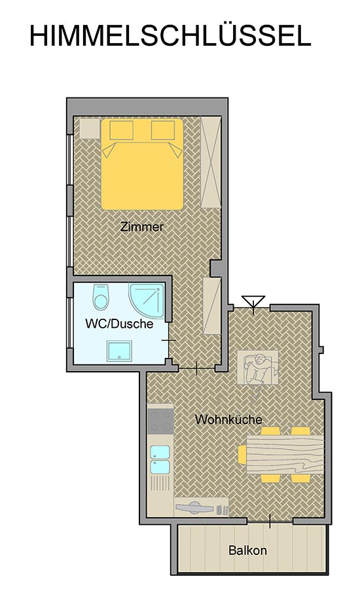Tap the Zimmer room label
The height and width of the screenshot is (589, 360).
click(x=141, y=227)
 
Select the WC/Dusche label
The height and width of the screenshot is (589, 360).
click(x=119, y=323)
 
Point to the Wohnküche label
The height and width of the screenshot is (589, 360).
click(x=228, y=419)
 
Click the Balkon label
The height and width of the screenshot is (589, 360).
click(x=247, y=550)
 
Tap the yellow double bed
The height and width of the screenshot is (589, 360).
click(x=142, y=164)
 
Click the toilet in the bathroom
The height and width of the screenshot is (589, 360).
click(x=100, y=296)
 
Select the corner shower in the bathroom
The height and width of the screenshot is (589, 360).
click(x=147, y=301)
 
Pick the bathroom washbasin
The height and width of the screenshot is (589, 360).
click(x=118, y=351)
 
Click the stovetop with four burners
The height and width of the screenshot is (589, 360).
click(x=160, y=421)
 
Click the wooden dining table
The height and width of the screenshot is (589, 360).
click(x=285, y=455)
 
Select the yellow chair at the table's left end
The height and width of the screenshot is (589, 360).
click(x=242, y=454)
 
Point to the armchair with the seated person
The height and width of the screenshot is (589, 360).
click(x=258, y=368)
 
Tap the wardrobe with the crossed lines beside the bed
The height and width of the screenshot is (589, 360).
click(x=211, y=162)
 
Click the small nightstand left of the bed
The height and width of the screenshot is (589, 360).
click(x=90, y=128)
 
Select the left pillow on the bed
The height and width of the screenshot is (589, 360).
click(x=121, y=130)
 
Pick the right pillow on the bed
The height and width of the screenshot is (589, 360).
click(x=163, y=130)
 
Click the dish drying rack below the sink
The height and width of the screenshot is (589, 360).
click(x=160, y=483)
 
